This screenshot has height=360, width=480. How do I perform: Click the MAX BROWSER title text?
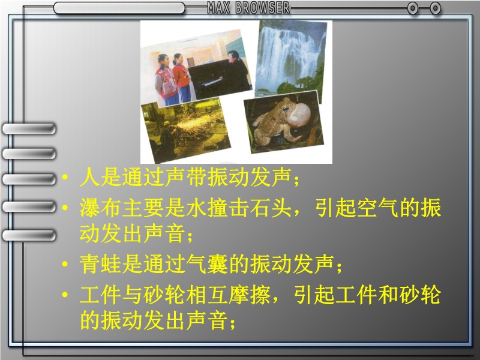point(248,8)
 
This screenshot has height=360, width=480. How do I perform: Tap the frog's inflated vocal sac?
point(299,114)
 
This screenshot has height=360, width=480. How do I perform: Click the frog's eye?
point(286,109)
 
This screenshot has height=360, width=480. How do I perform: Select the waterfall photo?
point(290,61)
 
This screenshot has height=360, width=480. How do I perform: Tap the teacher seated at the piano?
point(238,71)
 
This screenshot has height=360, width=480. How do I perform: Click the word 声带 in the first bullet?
point(186,177)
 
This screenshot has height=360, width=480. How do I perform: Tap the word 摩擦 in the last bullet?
point(250,295)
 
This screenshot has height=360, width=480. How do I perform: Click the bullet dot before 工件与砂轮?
point(65,295)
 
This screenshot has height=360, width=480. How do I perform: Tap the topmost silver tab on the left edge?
point(29,128)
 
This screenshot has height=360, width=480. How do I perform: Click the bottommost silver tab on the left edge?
point(29,235)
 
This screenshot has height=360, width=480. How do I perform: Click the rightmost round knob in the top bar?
point(435,8)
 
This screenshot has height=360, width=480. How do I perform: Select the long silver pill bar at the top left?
point(119,8)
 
